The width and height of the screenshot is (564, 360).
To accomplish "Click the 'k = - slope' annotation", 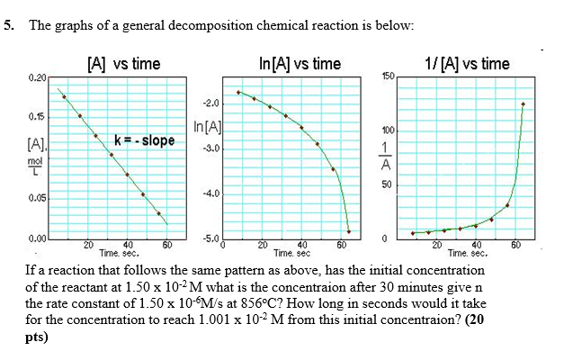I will [x=145, y=140].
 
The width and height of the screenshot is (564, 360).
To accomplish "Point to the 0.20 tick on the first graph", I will [x=37, y=79].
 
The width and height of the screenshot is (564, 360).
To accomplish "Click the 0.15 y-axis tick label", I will [x=37, y=117].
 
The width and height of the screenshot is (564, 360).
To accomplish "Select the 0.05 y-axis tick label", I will [x=37, y=197].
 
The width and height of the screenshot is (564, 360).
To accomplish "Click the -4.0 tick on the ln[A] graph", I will [x=210, y=193].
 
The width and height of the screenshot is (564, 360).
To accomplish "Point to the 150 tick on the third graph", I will [x=388, y=76].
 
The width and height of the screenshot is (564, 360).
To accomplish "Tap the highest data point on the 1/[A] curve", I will [x=524, y=103].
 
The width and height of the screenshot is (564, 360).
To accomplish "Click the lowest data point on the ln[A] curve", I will [x=349, y=231].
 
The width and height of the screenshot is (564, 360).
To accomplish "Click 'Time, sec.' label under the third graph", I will [x=466, y=253].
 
